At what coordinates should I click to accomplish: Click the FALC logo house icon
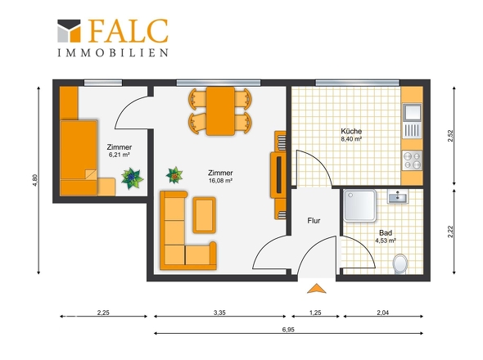tap(69, 31)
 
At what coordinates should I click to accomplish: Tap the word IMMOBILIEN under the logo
tap(113, 52)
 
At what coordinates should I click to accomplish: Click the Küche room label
tap(351, 131)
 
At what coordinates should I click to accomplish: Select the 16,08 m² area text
tap(220, 181)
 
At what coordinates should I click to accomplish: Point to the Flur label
tap(314, 220)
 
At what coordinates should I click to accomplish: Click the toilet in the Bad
tap(400, 264)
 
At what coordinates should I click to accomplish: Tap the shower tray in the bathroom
tap(359, 205)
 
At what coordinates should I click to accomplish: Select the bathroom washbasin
tap(398, 196)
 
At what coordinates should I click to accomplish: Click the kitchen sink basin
tap(412, 112)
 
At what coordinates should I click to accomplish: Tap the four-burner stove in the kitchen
tap(412, 160)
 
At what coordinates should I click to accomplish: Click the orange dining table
tap(220, 111)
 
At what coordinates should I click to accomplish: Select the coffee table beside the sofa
tap(204, 215)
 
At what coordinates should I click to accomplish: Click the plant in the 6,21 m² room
tap(132, 178)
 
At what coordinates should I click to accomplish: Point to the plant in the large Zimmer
tap(174, 175)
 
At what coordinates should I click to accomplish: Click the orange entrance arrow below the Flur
tap(316, 289)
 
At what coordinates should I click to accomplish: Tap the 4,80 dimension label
tap(35, 181)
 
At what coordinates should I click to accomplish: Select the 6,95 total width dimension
tap(288, 330)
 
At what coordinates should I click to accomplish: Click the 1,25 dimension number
tap(315, 313)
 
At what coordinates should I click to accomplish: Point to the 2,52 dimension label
tap(450, 136)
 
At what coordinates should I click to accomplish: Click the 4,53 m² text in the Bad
tap(385, 241)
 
